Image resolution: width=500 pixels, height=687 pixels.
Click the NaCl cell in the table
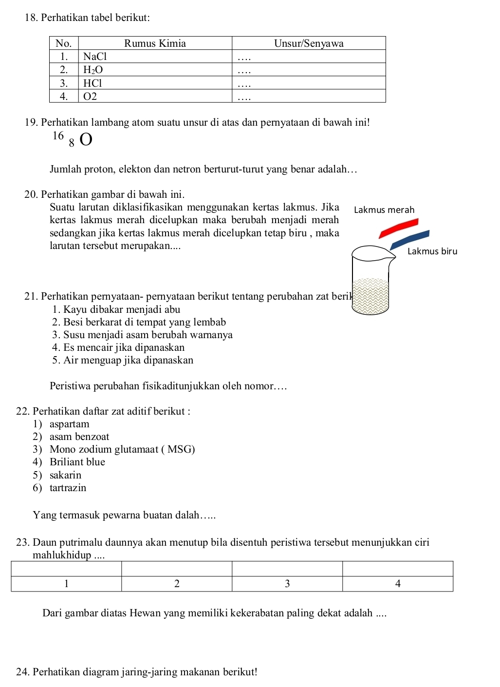(95, 57)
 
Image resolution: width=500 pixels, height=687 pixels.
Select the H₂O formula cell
(93, 70)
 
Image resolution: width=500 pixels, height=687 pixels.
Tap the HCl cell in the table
(93, 83)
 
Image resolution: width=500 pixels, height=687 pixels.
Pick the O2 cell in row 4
(91, 96)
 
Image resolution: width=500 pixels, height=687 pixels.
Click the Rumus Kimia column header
(155, 43)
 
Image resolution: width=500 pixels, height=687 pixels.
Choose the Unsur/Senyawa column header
(309, 43)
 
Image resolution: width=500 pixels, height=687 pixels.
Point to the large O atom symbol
(86, 140)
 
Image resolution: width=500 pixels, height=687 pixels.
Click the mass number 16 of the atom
(58, 135)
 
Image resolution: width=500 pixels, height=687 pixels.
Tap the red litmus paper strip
(399, 228)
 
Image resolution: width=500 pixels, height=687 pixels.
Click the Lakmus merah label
(384, 210)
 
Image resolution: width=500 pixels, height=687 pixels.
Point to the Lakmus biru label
(432, 251)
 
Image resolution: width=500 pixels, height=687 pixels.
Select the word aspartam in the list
(70, 424)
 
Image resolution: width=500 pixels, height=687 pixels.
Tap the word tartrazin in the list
(68, 488)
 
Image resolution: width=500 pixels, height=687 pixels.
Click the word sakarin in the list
(66, 475)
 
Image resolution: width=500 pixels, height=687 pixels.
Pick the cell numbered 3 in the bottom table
(287, 584)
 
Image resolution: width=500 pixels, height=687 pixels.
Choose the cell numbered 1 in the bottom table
(66, 584)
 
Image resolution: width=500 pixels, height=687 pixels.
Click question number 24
(22, 672)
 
